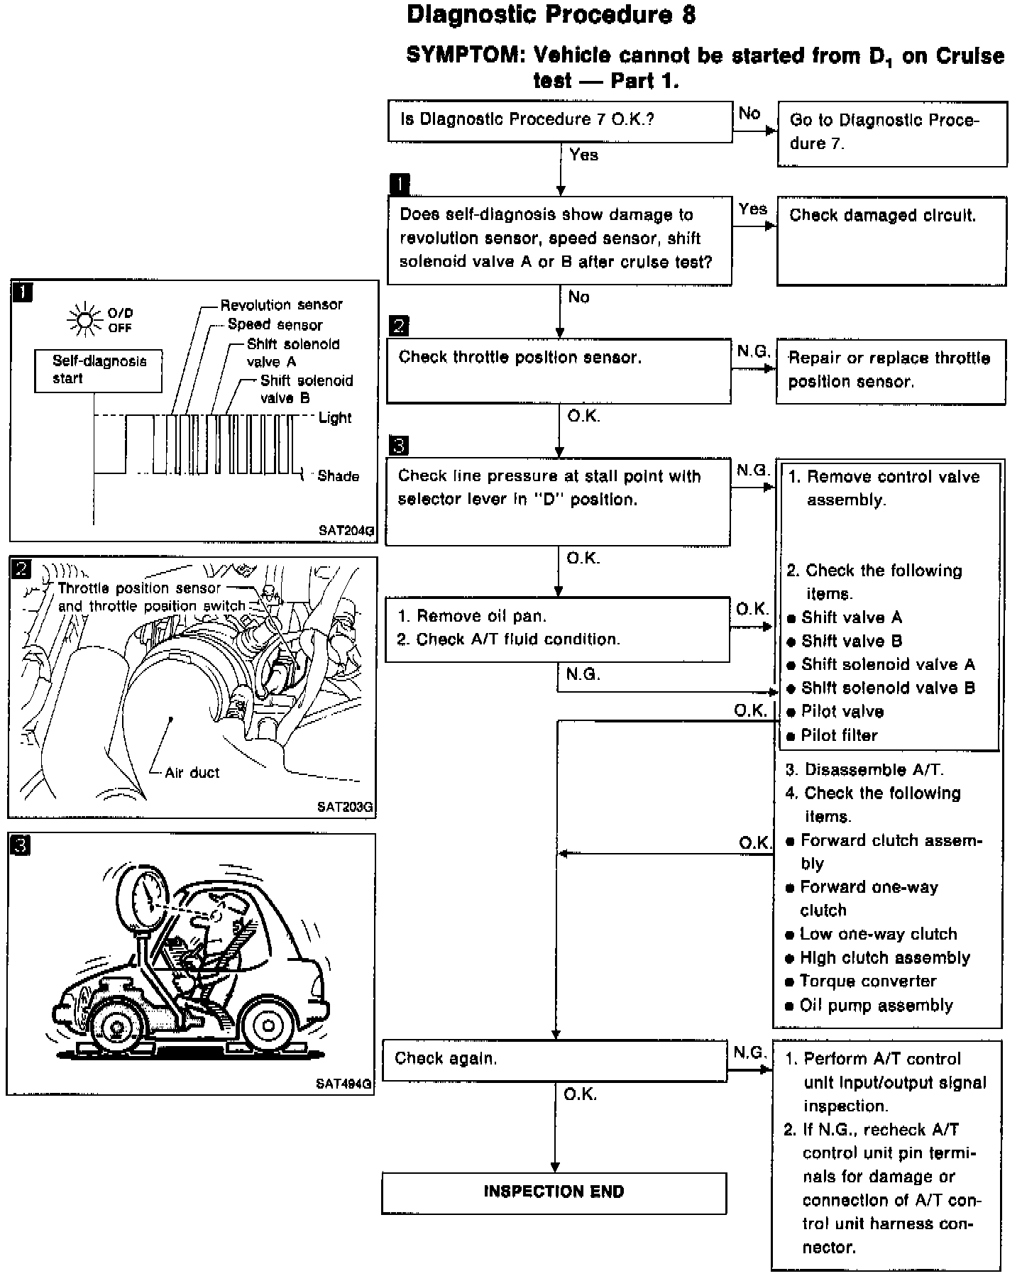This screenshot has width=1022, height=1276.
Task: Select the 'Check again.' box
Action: [554, 1060]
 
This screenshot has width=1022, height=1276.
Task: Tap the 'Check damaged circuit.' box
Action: [891, 241]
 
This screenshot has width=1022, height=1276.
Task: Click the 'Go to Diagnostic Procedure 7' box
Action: [891, 133]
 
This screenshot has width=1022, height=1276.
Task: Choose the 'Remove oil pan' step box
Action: [557, 628]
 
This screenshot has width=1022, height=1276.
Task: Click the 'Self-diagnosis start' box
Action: [99, 370]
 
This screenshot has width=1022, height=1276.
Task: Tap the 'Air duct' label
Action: [192, 773]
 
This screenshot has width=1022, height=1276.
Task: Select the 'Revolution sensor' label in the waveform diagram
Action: [281, 305]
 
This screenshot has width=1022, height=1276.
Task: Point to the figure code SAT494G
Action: [344, 1084]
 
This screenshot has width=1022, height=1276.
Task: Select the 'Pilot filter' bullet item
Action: [839, 735]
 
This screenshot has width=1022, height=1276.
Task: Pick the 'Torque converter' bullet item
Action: [867, 981]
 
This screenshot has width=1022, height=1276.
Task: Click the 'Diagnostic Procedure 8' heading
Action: [551, 14]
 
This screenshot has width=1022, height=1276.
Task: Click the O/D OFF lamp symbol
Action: [84, 320]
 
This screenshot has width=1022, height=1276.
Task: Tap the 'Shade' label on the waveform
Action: [338, 476]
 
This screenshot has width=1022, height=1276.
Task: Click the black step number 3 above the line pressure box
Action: [399, 446]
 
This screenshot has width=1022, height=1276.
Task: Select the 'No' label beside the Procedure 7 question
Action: [749, 114]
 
